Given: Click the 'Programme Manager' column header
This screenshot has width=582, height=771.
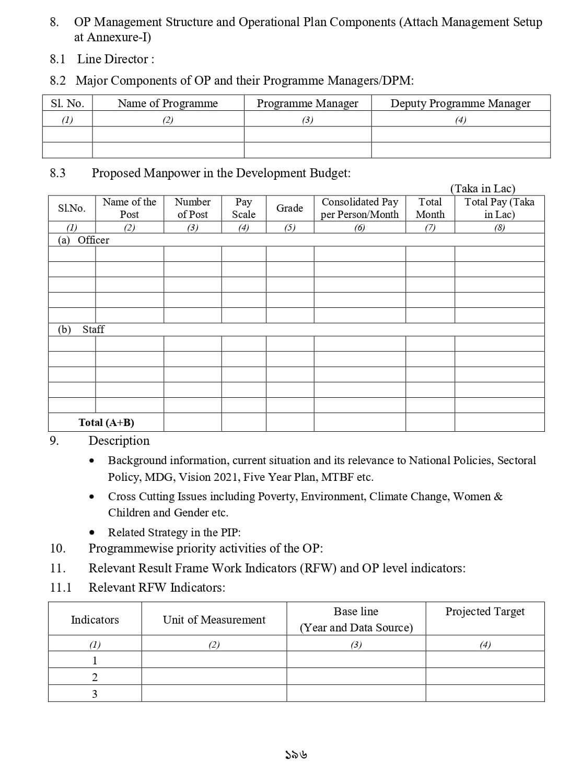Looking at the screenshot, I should point(307,103).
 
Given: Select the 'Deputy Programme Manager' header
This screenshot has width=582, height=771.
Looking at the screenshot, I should point(460,103).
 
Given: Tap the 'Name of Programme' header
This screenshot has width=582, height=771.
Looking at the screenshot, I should point(168,103).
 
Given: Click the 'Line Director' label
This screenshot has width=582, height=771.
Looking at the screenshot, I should point(115,59).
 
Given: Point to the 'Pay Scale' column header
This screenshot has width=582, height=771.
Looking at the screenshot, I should point(243,208).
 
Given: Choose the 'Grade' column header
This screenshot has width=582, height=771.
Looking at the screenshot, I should point(289,208).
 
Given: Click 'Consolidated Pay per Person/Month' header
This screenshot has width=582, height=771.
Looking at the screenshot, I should point(359,208).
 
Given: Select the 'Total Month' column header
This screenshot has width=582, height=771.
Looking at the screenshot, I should point(430,208).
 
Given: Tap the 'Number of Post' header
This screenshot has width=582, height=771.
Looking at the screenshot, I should point(192,208).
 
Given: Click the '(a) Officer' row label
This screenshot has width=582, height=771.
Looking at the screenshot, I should point(84,240).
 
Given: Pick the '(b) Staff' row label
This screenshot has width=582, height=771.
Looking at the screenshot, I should point(81,329).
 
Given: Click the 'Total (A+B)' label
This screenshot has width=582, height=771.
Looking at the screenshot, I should point(106,422).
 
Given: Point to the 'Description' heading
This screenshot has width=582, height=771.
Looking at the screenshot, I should point(119,441).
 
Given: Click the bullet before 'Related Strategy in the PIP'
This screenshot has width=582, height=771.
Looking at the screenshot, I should point(92,533).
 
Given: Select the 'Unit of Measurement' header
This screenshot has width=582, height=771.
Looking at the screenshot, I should point(214,620).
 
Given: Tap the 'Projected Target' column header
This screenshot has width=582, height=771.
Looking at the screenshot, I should point(485,612).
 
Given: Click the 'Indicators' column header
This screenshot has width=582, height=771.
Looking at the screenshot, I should point(95,620).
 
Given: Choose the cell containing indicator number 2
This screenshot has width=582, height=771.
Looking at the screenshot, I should point(95,677).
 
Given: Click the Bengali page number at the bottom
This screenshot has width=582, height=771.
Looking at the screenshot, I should point(296,755).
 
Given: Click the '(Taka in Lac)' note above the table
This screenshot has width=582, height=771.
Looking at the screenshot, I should point(483,189).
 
